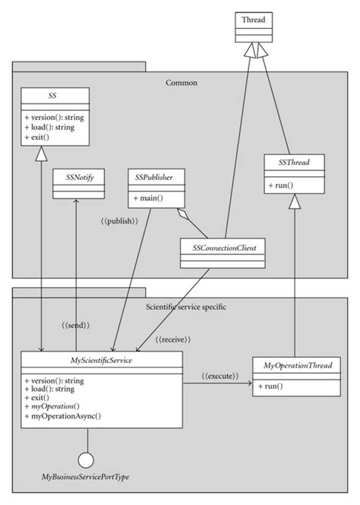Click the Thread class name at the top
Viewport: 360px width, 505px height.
click(x=253, y=20)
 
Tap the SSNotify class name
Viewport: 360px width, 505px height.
click(x=73, y=176)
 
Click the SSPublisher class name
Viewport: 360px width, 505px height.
click(x=155, y=176)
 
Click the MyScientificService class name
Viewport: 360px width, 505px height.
click(x=101, y=360)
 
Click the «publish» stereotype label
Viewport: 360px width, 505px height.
click(x=119, y=221)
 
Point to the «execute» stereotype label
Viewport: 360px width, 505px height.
click(x=220, y=376)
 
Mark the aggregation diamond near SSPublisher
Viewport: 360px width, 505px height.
click(x=182, y=216)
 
